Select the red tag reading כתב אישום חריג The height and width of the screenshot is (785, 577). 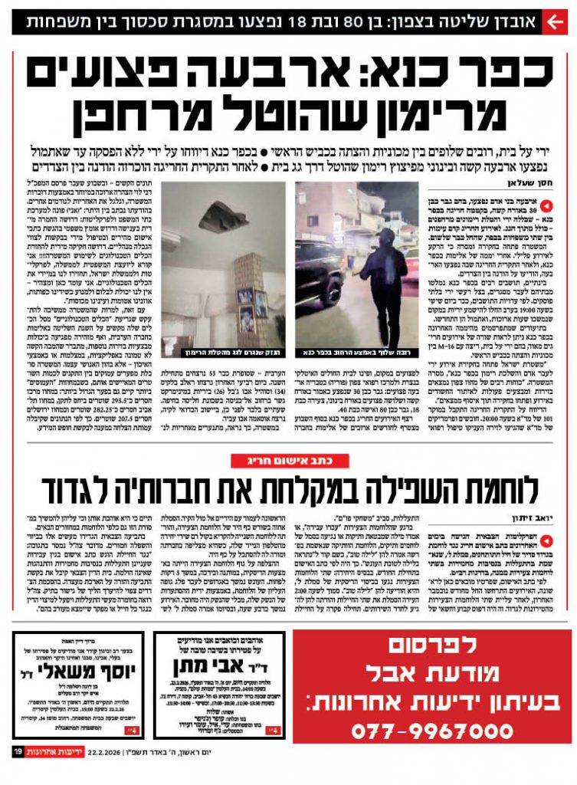point(289,460)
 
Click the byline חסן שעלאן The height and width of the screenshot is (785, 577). point(525,183)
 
